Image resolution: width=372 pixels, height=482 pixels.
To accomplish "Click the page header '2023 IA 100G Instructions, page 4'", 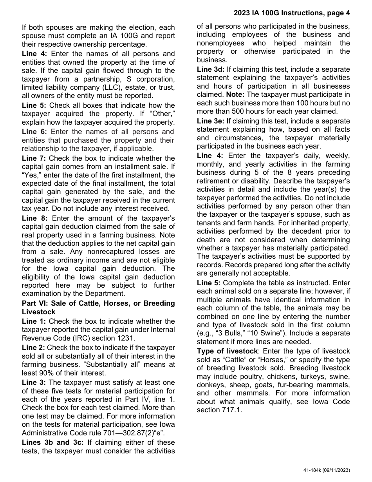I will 292,13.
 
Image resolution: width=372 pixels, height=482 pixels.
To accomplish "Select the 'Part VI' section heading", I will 98,308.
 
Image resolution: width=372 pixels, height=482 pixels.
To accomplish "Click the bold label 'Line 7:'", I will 34,158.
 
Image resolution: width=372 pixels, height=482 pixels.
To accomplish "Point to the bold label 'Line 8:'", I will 34,218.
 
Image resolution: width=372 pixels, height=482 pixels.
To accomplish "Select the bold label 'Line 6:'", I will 34,132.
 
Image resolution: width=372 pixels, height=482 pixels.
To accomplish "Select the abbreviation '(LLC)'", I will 113,87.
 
